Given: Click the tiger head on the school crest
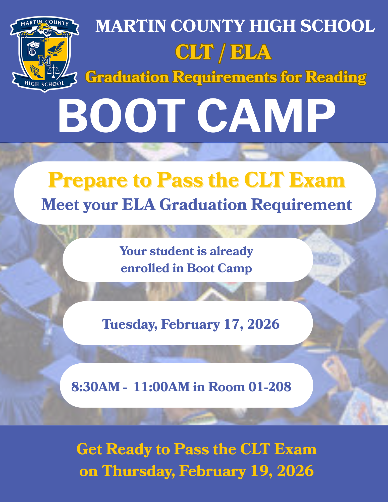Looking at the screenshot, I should pyautogui.click(x=45, y=28).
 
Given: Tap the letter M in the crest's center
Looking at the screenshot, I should pyautogui.click(x=45, y=61).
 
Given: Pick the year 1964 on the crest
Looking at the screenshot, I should pyautogui.click(x=45, y=40).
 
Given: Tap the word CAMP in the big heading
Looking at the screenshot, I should pyautogui.click(x=266, y=115).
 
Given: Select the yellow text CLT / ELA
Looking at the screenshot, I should pyautogui.click(x=223, y=52).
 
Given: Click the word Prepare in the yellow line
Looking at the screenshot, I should pyautogui.click(x=88, y=180).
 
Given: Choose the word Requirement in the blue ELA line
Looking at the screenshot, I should pyautogui.click(x=301, y=205).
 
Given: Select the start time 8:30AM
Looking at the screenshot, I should pyautogui.click(x=96, y=387).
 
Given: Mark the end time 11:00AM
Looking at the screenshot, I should pyautogui.click(x=161, y=387).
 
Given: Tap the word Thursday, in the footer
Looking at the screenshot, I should pyautogui.click(x=138, y=471).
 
